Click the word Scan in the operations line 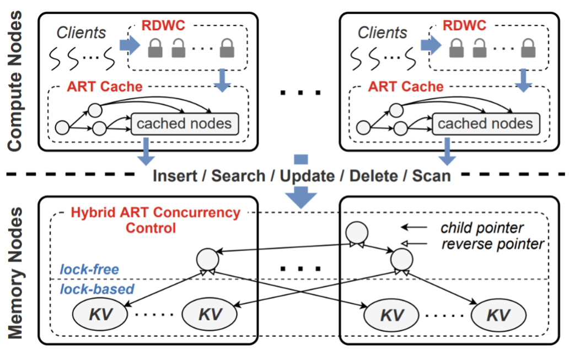point(431,176)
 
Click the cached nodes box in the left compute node point(184,123)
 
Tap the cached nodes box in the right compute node point(485,123)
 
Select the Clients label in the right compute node point(383,33)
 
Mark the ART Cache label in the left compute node point(105,87)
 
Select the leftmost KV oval point(99,314)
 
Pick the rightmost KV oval point(497,315)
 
